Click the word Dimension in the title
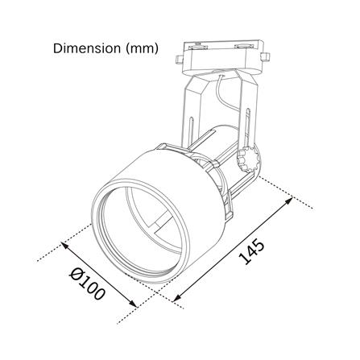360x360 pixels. pos(87,48)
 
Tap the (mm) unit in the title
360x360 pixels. pos(142,49)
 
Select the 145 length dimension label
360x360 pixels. pos(251,252)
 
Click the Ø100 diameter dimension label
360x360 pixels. pos(86,283)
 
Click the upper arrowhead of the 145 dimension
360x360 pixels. pos(289,201)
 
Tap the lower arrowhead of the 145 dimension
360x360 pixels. pos(177,297)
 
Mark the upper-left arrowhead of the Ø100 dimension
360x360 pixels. pos(65,245)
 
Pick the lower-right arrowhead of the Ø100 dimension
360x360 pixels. pos(134,304)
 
